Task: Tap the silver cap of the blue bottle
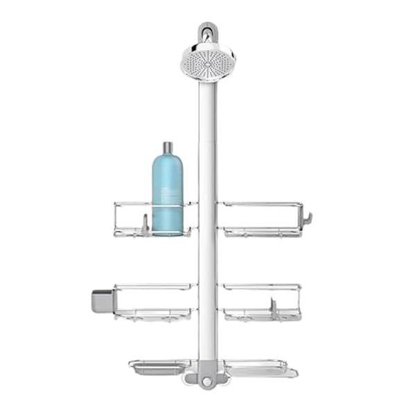coord(167,148)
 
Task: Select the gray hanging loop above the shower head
coord(206,31)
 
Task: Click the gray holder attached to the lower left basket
coord(101,300)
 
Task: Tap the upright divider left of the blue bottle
coord(144,224)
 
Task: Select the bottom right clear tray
coord(260,367)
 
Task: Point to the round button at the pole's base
coord(206,380)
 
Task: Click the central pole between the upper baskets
coord(207,218)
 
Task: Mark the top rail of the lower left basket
coord(155,286)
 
